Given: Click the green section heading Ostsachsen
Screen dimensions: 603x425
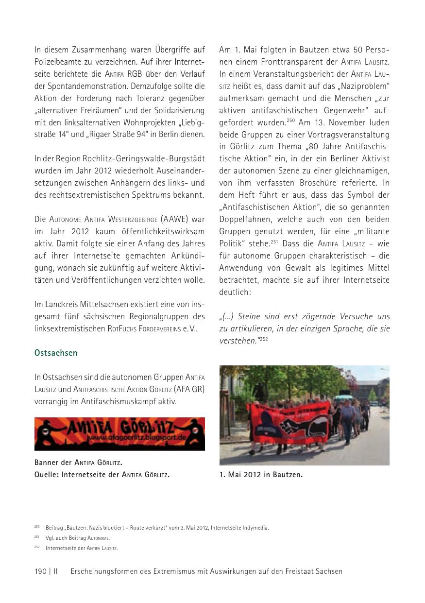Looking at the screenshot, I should coord(56,353).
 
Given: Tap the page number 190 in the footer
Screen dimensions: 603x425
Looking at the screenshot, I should coord(40,571).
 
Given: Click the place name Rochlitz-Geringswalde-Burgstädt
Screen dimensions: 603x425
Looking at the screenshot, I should coord(143,159).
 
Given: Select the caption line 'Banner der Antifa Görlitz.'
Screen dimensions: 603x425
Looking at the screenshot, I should coord(78,462).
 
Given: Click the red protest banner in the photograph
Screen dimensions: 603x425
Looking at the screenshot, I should coord(289,416).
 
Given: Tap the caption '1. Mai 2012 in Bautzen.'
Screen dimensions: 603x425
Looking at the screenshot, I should coord(261,475).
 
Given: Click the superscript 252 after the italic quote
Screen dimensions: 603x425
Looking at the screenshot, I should coord(263,339).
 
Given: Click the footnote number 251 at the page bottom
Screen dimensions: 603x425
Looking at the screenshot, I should coord(37,537).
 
